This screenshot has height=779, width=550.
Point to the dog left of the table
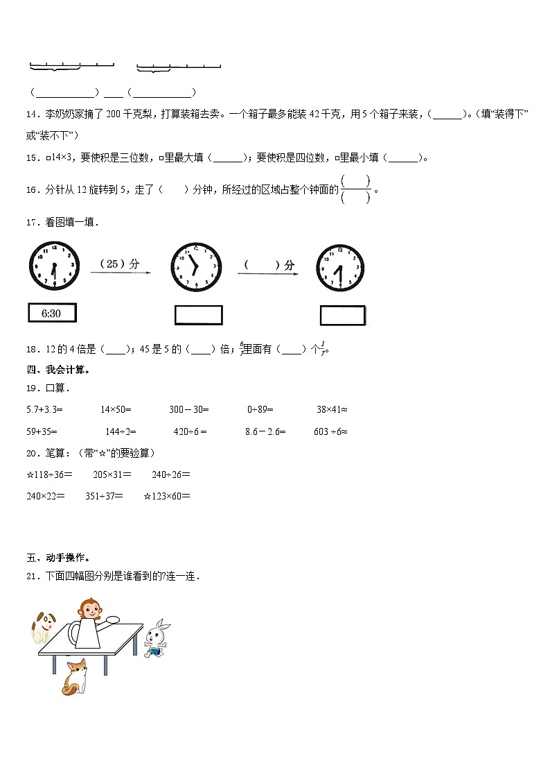[44, 626]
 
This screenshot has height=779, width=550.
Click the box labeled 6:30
[52, 314]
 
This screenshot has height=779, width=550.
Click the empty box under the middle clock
[198, 315]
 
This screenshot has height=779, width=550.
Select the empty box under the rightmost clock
[342, 316]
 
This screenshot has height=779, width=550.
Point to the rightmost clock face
[340, 268]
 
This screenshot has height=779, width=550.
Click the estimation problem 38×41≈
[332, 410]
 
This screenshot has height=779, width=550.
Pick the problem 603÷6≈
[330, 431]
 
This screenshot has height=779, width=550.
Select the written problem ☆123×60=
[166, 496]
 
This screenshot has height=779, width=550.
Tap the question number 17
[31, 222]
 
